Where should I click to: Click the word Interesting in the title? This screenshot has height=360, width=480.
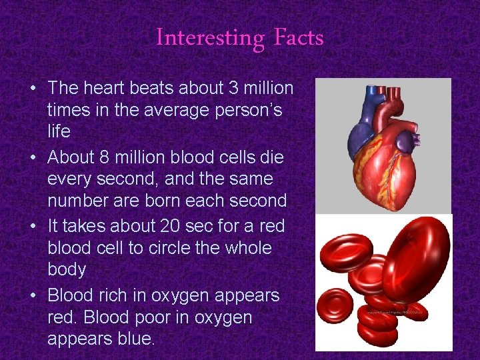coord(209,38)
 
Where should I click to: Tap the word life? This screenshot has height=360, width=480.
coord(59,131)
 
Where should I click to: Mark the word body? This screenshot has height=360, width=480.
coord(67,269)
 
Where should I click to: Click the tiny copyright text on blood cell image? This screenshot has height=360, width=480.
coord(397,311)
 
